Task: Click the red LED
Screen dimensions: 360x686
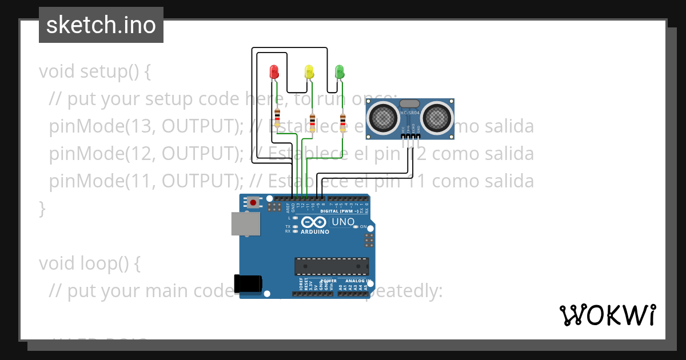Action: (x=274, y=72)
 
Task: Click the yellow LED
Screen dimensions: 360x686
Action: (x=309, y=72)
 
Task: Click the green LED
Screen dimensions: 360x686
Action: (x=340, y=72)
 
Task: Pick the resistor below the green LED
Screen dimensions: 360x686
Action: (x=343, y=122)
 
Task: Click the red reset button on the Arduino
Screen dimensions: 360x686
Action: (x=253, y=202)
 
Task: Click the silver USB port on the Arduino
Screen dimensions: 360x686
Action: (x=245, y=223)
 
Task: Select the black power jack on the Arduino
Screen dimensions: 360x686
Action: (x=248, y=284)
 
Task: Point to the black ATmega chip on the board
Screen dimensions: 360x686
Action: (x=332, y=266)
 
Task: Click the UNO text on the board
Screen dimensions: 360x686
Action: (x=343, y=222)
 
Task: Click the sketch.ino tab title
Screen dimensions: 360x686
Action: (x=101, y=25)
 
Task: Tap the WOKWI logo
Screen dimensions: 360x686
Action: (x=607, y=315)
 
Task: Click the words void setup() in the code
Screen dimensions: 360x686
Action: (x=94, y=72)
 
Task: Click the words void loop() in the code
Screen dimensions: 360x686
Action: (x=90, y=263)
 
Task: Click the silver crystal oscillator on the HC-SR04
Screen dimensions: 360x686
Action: (x=409, y=103)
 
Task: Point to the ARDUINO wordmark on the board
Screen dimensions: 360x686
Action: (x=314, y=232)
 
